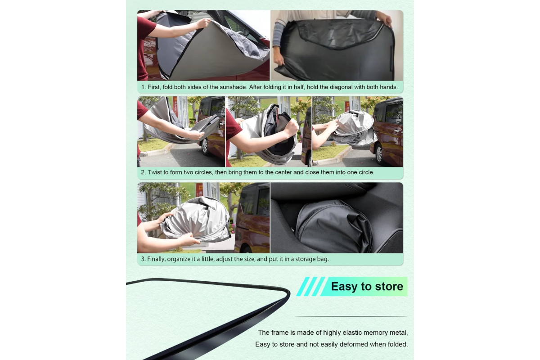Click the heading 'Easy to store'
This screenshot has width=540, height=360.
coord(367,287)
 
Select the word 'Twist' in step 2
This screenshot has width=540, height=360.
coord(154,172)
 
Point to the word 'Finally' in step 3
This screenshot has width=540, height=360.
coord(156,259)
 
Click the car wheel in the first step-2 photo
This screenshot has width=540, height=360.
coord(204,146)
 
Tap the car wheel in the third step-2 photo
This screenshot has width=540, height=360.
coord(379,153)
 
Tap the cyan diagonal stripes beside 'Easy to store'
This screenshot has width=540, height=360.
coord(311,287)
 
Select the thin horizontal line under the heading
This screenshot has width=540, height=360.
coord(351,316)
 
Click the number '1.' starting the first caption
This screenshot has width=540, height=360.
coord(144,87)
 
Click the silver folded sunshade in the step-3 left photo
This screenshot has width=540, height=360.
coord(195,220)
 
